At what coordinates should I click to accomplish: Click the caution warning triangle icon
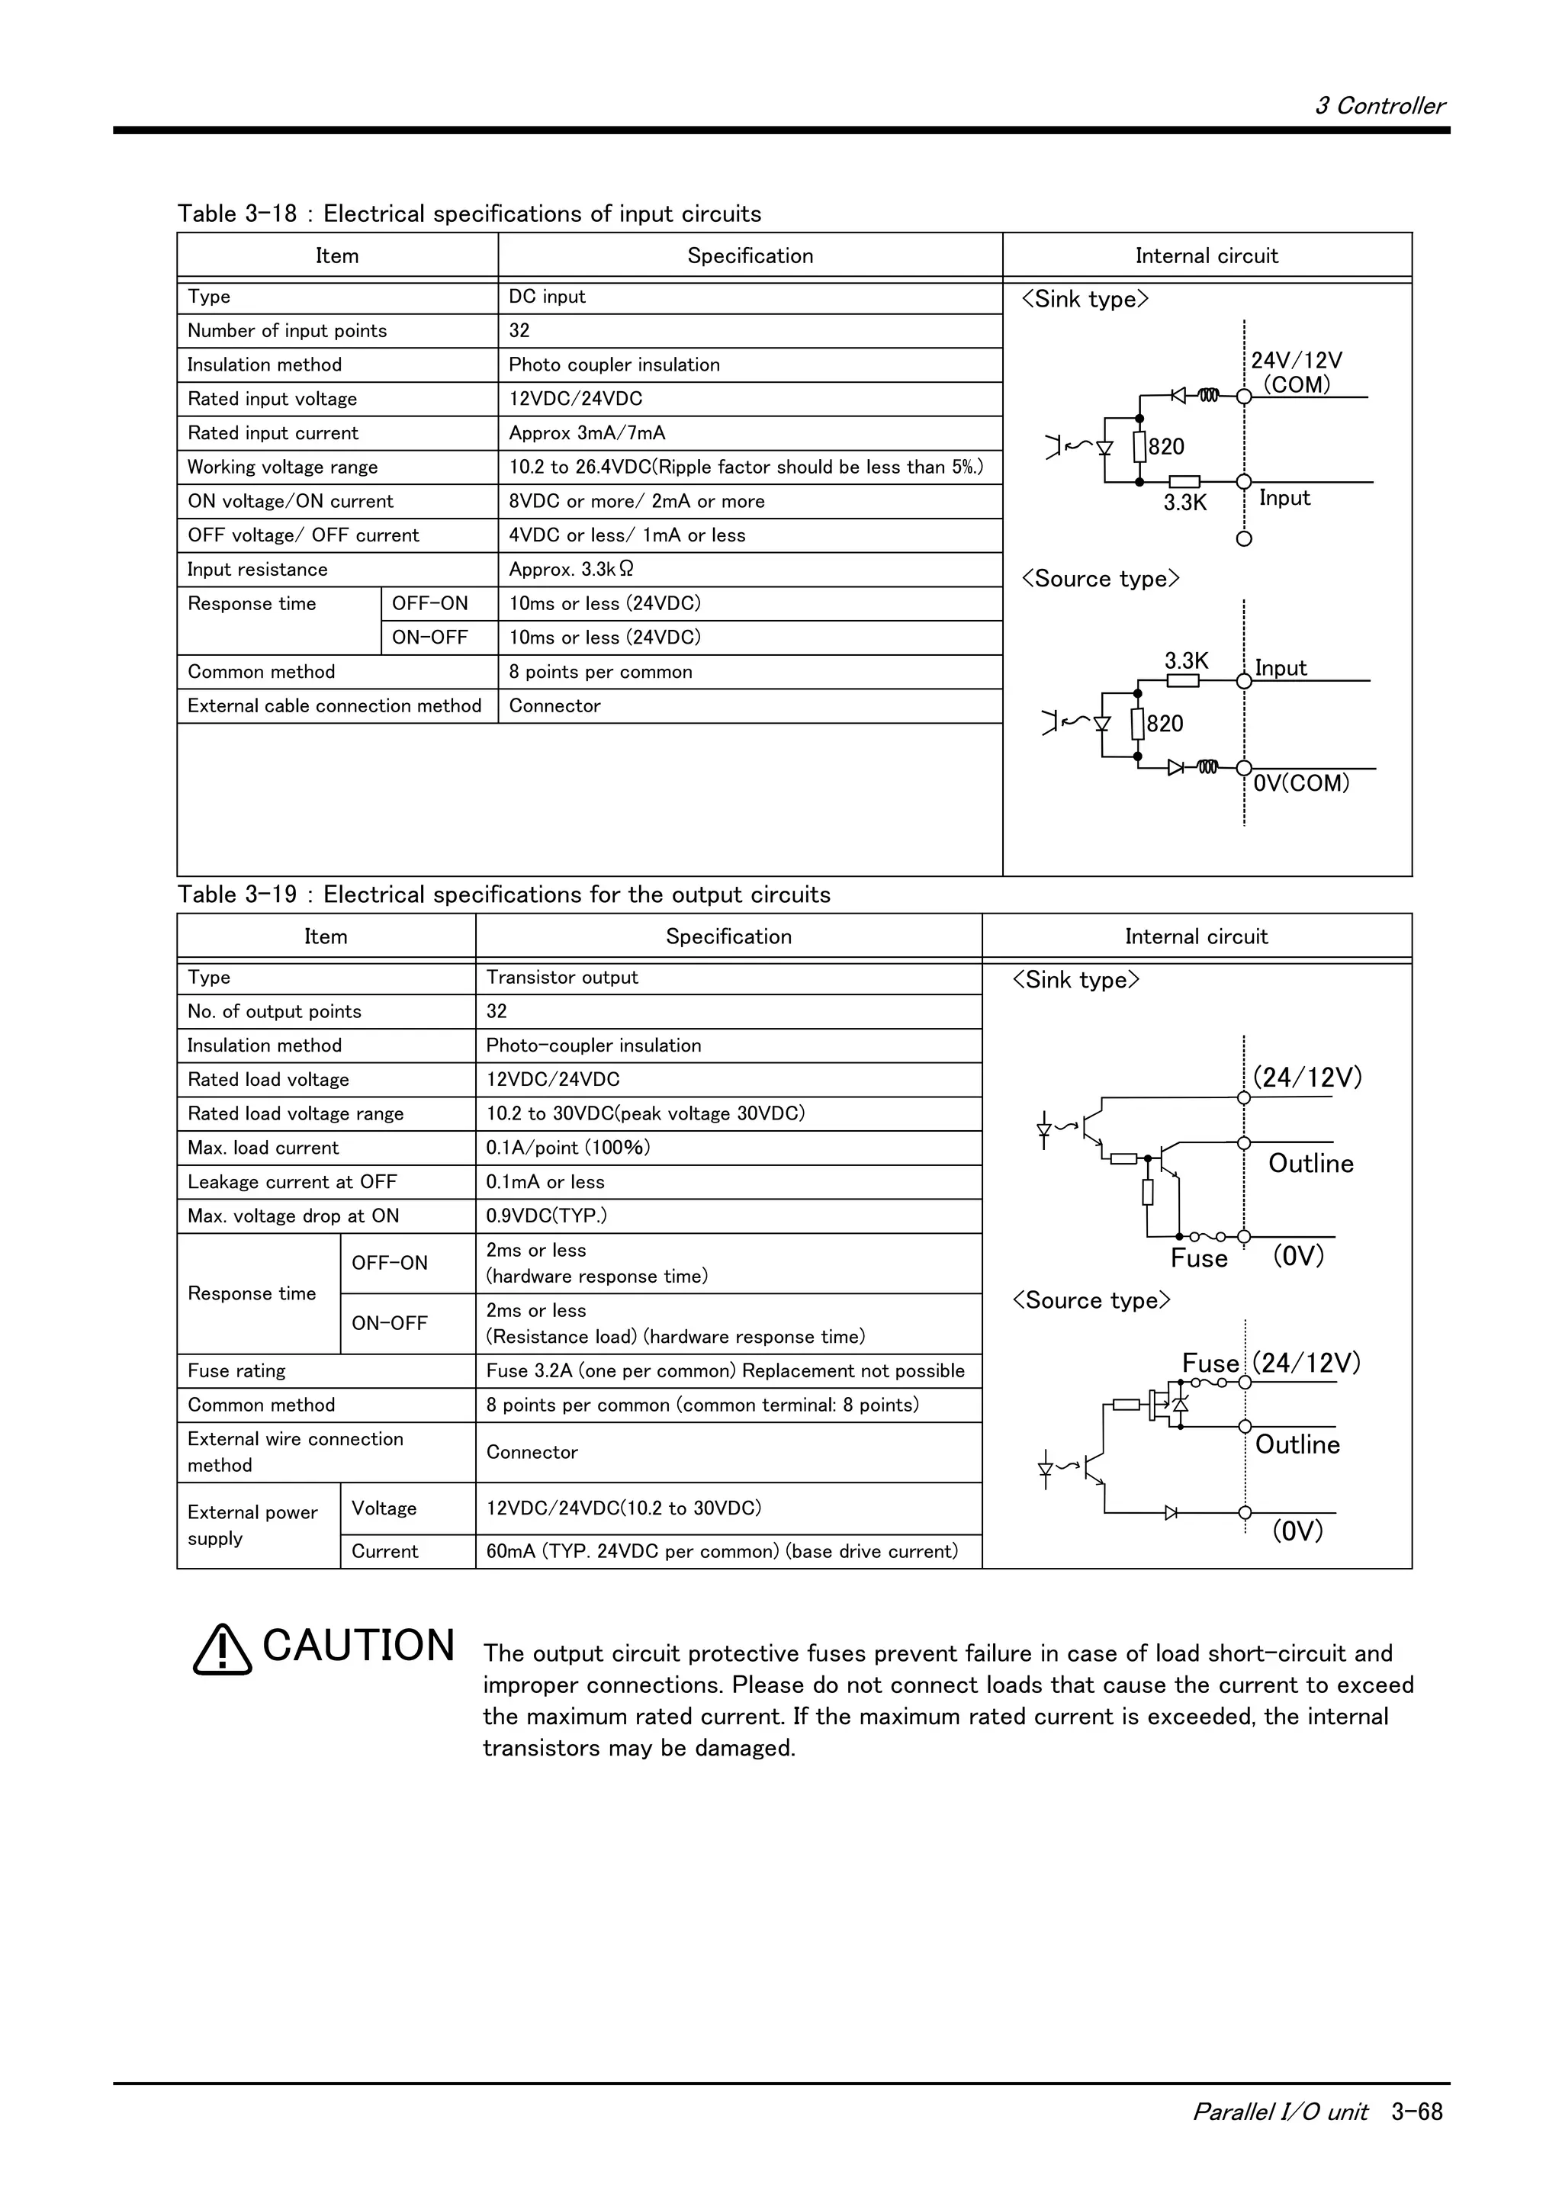[222, 1649]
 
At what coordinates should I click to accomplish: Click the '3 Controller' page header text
[1378, 106]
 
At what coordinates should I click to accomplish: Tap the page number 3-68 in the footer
[1416, 2111]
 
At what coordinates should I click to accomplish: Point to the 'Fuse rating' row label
[236, 1370]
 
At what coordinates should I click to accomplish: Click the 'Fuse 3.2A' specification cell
[725, 1370]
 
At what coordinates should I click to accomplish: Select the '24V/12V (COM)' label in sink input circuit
[1295, 372]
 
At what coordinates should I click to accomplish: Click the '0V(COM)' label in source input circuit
[1301, 783]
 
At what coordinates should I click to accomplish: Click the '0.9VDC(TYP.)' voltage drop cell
[545, 1216]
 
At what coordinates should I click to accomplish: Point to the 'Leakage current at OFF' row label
[291, 1182]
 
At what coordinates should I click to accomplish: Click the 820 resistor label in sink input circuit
[1166, 447]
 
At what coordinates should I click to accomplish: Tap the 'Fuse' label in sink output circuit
[1198, 1259]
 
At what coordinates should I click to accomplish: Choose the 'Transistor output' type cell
[562, 978]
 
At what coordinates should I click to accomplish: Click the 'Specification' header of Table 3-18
[750, 256]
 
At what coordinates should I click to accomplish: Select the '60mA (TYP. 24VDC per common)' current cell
[722, 1550]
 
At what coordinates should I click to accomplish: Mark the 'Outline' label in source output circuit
[1297, 1445]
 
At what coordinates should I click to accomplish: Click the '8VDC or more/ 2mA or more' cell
[636, 502]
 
